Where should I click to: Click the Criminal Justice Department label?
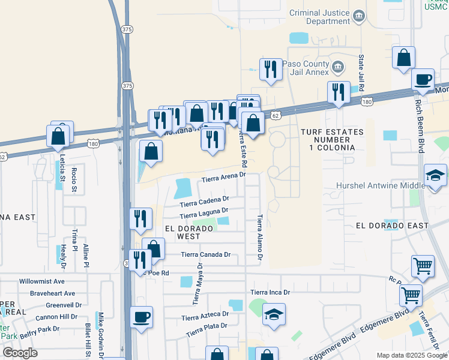319,17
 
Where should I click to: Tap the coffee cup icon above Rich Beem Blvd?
423,79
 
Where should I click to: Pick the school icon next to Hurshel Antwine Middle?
435,175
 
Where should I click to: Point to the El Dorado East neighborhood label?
392,226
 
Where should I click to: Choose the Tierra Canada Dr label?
206,254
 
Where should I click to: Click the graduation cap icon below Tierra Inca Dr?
274,314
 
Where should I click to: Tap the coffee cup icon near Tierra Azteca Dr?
142,317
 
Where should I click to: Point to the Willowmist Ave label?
42,281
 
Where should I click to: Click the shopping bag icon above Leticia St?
58,136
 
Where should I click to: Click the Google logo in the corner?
20,353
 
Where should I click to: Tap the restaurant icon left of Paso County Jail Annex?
271,69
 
